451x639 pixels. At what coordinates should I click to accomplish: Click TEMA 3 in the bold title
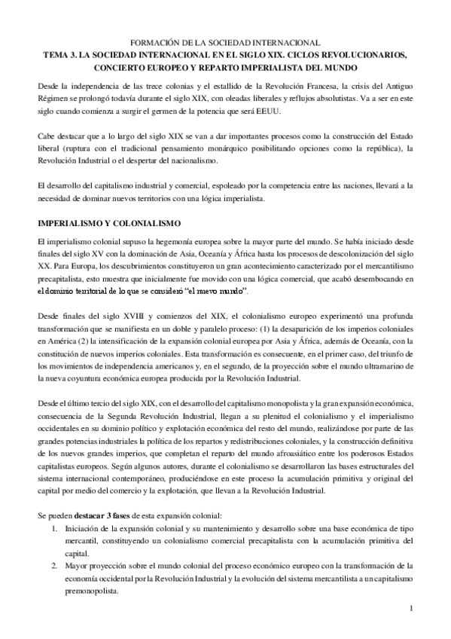[x=60, y=55]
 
